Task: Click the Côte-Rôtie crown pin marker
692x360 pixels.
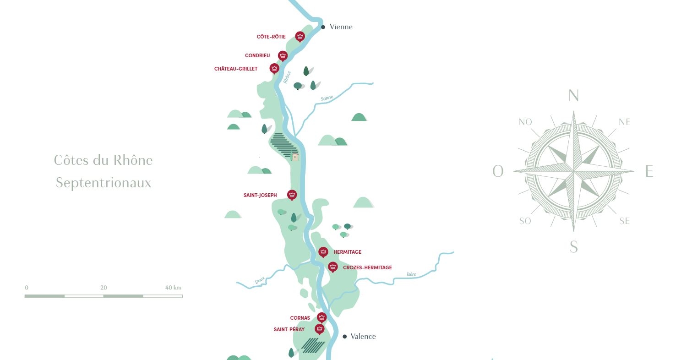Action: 300,36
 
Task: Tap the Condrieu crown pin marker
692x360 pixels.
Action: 283,56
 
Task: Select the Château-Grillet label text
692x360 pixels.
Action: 236,69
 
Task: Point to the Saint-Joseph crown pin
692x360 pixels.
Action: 292,195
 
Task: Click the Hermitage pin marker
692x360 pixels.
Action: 323,252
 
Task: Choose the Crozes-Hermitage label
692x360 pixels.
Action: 367,267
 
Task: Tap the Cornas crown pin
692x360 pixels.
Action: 321,317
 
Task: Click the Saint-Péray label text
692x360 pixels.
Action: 289,329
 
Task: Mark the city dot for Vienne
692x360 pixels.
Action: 323,27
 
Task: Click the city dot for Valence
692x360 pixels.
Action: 344,337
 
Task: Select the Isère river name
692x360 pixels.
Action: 411,274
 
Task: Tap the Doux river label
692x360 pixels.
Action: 260,282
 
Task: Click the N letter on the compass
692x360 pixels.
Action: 573,96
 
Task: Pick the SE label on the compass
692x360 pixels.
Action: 624,221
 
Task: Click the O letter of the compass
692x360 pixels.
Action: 498,172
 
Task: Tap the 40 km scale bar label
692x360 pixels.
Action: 173,288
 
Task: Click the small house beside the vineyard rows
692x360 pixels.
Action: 295,157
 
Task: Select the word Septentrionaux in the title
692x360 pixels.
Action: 104,183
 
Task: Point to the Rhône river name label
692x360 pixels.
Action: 287,77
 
